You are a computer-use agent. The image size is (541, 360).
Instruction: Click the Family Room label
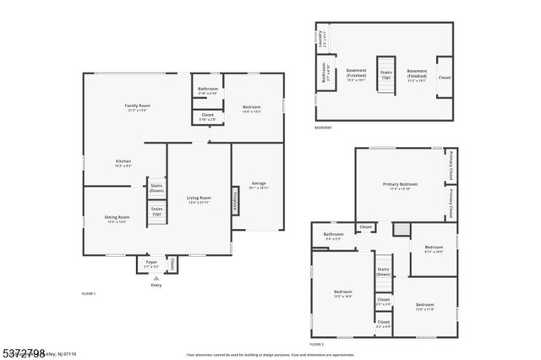tap(136, 106)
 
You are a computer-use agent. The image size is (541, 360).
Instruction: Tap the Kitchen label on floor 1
tap(123, 162)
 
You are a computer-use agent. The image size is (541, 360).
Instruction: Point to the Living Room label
tap(199, 199)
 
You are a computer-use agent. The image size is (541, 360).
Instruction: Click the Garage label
tap(259, 185)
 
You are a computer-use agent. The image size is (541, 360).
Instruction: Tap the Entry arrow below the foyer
tap(156, 278)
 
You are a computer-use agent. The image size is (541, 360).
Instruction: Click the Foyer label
tap(151, 263)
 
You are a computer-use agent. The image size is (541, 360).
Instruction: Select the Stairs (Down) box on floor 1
tap(156, 188)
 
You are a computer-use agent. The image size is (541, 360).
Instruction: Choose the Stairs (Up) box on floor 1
tap(156, 210)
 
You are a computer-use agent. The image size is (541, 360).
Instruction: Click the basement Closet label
tap(444, 77)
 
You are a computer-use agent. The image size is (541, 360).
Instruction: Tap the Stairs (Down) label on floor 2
tap(383, 272)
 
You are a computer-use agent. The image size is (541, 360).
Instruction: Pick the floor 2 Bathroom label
tap(333, 235)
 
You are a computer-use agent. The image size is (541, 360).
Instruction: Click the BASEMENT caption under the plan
tap(323, 128)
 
